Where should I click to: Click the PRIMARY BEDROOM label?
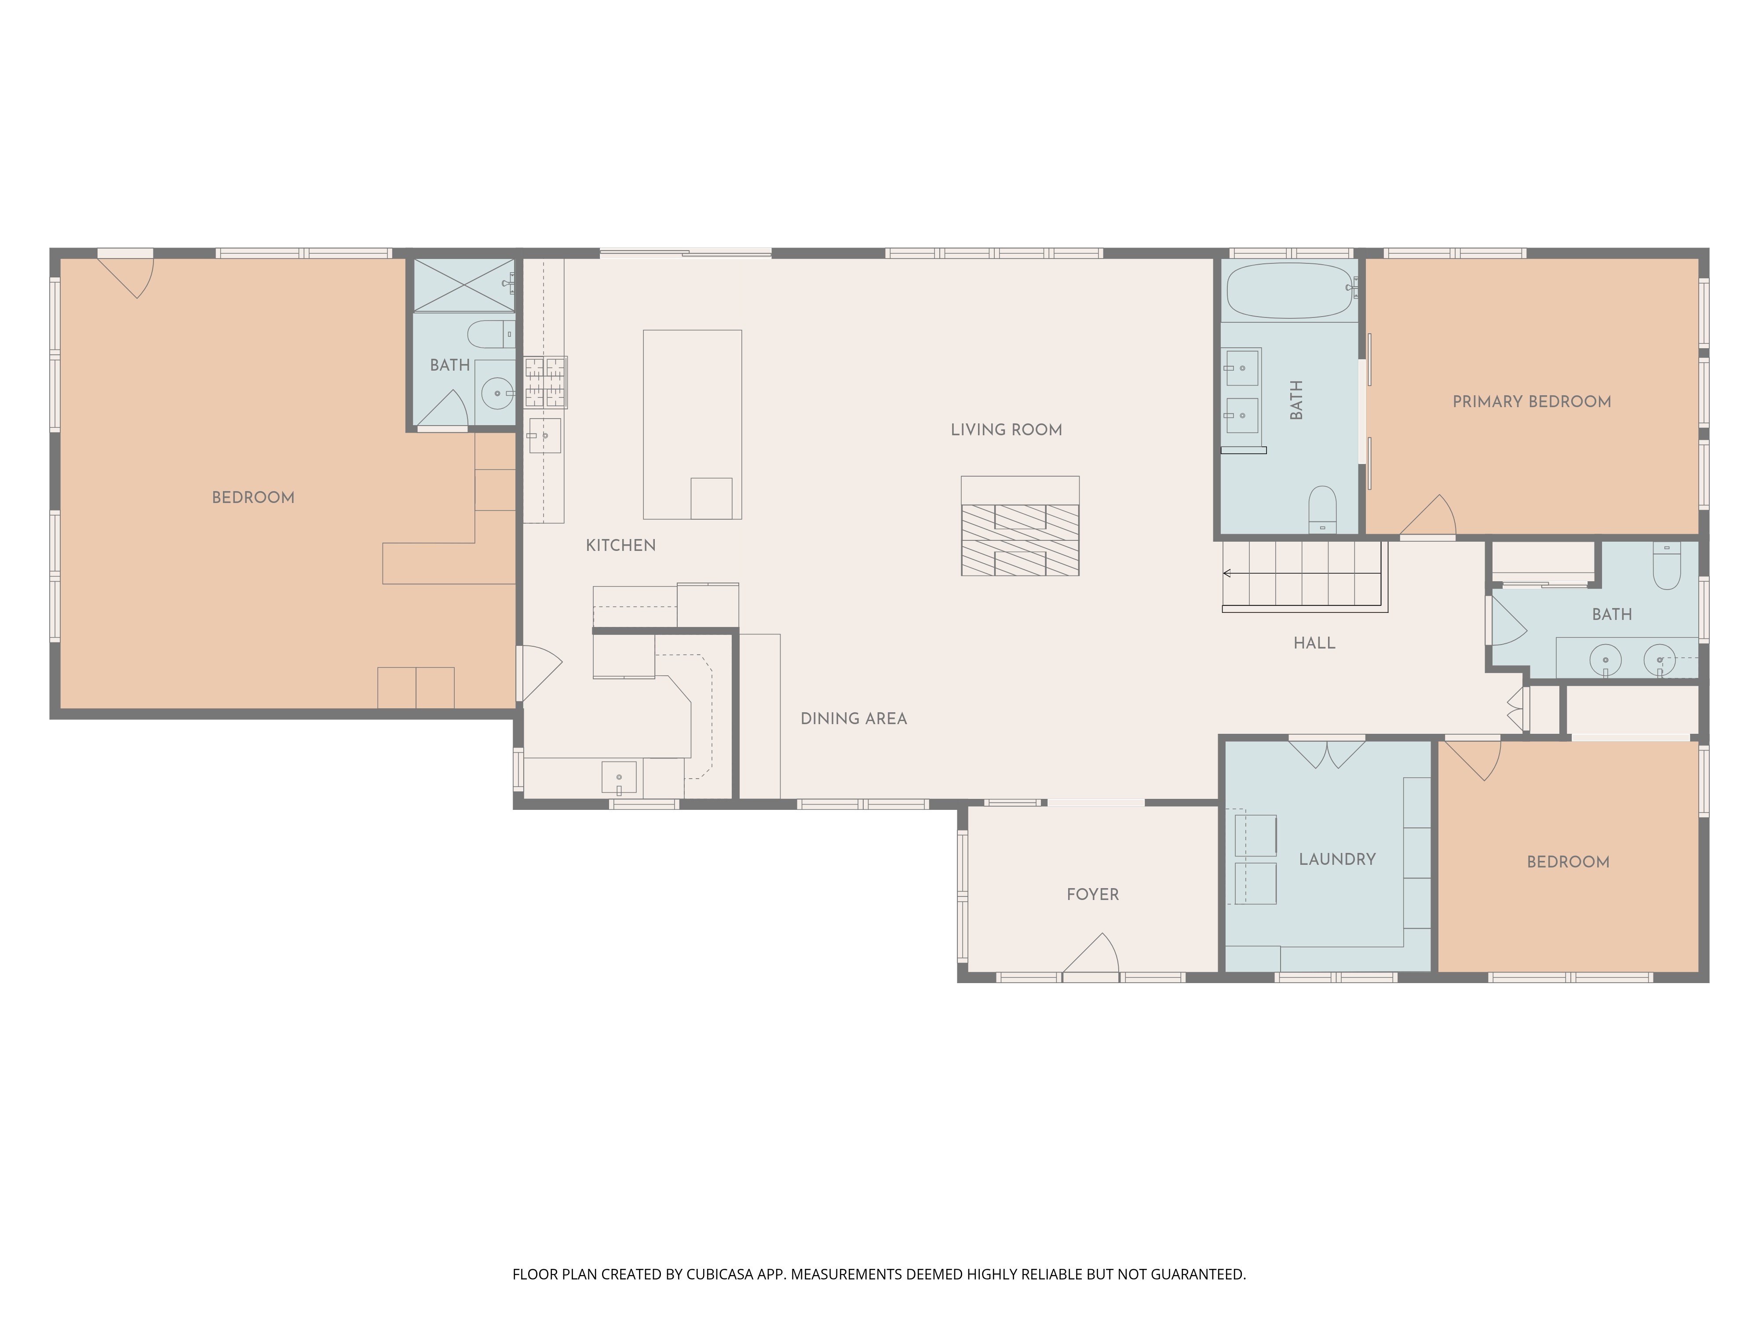(1532, 401)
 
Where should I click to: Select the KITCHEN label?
(620, 546)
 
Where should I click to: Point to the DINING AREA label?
(853, 719)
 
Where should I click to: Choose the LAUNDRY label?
(1337, 860)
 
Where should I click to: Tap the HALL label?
(1314, 643)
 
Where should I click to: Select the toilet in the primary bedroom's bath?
(1322, 509)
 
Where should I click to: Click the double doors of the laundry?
(1326, 753)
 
